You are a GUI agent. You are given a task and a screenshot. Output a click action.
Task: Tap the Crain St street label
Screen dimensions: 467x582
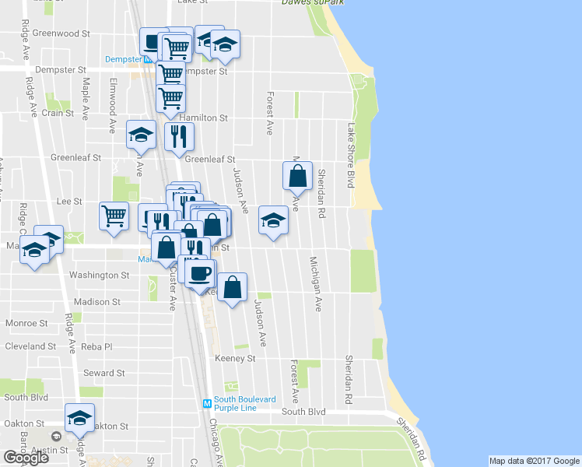[58, 113]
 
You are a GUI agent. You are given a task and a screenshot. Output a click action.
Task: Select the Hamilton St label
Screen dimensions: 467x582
[203, 118]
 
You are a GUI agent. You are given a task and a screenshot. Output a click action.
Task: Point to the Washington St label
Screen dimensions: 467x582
[99, 276]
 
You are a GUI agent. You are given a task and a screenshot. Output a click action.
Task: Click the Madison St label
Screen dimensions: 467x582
[97, 301]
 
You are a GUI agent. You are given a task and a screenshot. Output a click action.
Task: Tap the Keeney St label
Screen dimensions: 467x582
[235, 358]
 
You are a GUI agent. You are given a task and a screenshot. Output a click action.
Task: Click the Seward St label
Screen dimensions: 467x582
[99, 373]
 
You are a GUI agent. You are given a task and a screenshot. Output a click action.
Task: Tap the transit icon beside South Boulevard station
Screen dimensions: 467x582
[207, 403]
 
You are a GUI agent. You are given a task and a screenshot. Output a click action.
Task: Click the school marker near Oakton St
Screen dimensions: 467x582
[80, 418]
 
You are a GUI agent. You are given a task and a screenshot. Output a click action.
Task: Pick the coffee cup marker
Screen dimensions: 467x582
[201, 272]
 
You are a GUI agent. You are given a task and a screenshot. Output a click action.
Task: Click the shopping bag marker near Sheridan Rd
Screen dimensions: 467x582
[297, 176]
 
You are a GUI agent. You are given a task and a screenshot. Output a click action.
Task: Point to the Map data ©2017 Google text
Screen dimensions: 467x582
[534, 461]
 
